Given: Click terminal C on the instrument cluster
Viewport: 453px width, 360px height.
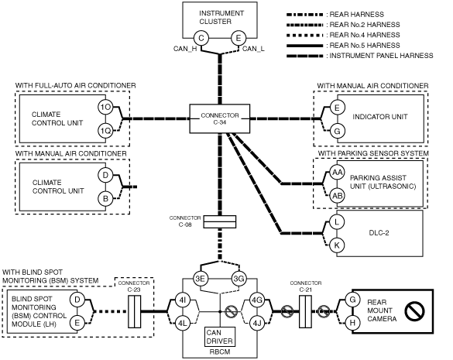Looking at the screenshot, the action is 201,38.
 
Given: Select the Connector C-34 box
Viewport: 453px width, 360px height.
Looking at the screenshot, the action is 220,118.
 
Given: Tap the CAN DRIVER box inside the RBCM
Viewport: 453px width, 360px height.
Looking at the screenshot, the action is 220,337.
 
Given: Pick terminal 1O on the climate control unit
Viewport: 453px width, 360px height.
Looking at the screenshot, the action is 105,107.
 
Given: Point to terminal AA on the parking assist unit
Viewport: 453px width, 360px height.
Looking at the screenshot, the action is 337,173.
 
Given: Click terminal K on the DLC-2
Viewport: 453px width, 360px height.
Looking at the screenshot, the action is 337,245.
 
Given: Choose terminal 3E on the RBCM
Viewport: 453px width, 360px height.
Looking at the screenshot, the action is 201,279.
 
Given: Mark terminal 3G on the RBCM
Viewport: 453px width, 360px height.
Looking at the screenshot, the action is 239,279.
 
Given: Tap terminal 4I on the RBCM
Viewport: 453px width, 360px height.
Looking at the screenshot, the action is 183,300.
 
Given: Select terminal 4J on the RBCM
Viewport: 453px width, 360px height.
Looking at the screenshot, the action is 257,323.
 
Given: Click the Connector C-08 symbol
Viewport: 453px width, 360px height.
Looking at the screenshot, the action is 220,221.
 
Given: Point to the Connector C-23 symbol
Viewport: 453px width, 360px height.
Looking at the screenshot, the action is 134,312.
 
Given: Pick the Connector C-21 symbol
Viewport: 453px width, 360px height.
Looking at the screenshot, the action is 305,312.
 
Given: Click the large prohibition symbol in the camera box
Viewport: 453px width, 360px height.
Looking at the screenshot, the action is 414,311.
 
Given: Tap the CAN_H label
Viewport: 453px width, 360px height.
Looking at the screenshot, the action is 185,49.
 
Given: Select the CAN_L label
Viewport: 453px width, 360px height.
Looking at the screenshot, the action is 253,49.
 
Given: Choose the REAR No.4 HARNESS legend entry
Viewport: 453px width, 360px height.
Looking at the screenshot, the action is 343,35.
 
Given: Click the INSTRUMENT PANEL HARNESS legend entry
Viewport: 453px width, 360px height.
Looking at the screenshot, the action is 360,56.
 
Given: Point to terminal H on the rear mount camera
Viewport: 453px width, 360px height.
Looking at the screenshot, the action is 352,322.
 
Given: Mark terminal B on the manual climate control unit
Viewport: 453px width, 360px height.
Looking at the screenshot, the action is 105,198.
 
